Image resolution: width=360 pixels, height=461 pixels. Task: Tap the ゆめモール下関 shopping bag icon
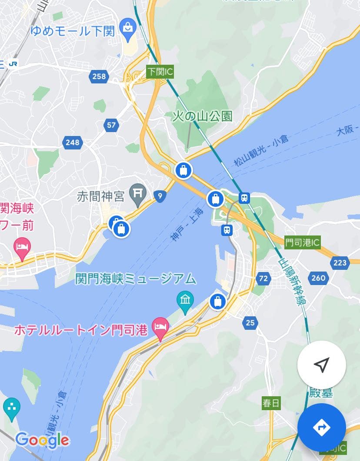coord(128,27)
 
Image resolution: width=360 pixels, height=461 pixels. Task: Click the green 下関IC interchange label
coord(160,72)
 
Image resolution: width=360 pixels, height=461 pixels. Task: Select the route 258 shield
coord(99,76)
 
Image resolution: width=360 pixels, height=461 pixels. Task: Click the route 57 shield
coord(112,126)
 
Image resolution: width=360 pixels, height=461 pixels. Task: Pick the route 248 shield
coord(73,142)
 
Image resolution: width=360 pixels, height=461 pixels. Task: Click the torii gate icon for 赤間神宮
coord(139,196)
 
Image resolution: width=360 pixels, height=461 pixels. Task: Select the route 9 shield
coord(160,197)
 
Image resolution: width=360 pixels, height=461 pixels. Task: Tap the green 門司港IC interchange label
coord(303,242)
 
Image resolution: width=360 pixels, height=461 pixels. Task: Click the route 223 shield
coord(340,262)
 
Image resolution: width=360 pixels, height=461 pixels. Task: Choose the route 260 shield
coord(318,278)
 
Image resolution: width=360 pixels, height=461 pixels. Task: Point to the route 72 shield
coord(263,278)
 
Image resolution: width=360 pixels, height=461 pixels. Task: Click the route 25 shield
coord(250,322)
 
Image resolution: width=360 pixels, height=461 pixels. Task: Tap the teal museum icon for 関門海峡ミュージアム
coord(185,300)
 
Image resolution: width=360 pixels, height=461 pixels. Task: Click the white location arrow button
coord(321,365)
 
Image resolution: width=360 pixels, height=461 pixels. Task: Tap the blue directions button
coord(322,427)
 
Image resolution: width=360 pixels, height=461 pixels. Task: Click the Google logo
coord(42,440)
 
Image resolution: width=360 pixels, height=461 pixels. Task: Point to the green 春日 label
coord(271,403)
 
